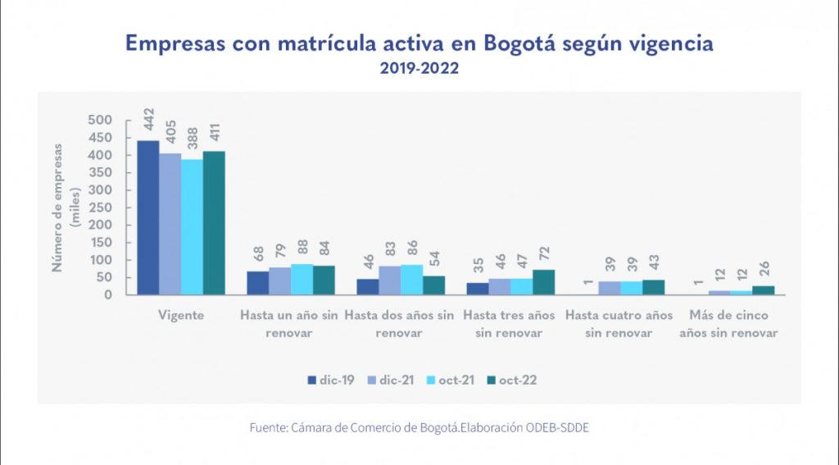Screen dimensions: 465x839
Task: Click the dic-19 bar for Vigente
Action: pos(148,217)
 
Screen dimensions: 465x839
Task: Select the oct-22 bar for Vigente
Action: pos(214,222)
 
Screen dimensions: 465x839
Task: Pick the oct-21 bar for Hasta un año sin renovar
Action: pos(302,279)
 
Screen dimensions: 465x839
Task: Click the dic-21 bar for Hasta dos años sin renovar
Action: pos(390,280)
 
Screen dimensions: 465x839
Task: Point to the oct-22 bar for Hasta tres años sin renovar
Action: pos(544,282)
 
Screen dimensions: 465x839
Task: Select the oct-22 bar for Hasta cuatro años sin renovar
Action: pos(654,287)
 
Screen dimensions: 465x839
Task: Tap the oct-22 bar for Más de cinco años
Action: pos(764,289)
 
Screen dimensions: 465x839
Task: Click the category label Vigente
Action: pos(181,315)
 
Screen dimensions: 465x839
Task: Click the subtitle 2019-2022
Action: pos(419,69)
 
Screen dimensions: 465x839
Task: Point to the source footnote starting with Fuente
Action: pos(419,428)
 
